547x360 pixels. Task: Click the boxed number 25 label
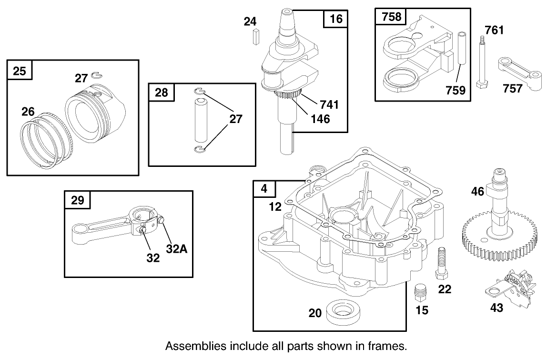[20, 71]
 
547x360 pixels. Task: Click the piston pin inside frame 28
[201, 121]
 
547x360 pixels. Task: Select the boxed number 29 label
[77, 200]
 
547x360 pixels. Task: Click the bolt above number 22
[441, 263]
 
